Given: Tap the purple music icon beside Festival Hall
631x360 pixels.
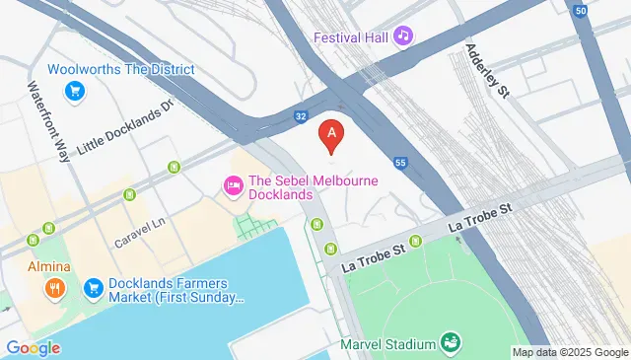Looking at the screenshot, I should click(402, 36).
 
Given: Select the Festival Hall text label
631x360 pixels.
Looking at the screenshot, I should click(352, 37).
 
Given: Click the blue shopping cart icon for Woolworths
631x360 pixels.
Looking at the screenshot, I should click(73, 92).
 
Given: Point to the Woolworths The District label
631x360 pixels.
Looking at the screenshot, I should click(120, 70).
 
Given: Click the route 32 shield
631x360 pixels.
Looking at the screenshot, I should click(300, 116).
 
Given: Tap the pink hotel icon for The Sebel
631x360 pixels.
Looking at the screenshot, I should click(234, 184).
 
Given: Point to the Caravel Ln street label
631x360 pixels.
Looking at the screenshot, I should click(138, 232).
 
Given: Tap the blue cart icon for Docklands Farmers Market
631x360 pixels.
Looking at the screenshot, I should click(94, 287).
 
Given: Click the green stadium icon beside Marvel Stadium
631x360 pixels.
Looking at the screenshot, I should click(452, 342).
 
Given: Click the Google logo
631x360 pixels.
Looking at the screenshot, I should click(33, 347).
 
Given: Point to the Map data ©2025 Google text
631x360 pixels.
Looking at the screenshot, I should click(570, 352).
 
